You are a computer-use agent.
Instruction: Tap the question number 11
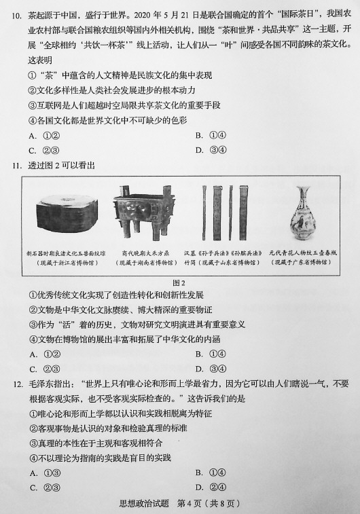(x=17, y=166)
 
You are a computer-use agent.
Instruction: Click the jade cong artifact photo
(x=67, y=213)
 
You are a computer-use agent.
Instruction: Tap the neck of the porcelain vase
(x=302, y=197)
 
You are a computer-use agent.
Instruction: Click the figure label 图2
(x=179, y=282)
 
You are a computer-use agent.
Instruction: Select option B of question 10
(x=211, y=135)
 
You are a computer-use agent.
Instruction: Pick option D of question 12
(x=211, y=488)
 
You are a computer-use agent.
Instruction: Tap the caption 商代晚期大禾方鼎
(x=146, y=253)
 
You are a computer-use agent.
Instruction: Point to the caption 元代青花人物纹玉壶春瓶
(x=303, y=253)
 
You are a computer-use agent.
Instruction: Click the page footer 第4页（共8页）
(x=209, y=503)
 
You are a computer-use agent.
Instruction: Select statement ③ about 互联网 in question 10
(x=124, y=105)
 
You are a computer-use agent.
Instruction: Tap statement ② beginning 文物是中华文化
(x=120, y=310)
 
